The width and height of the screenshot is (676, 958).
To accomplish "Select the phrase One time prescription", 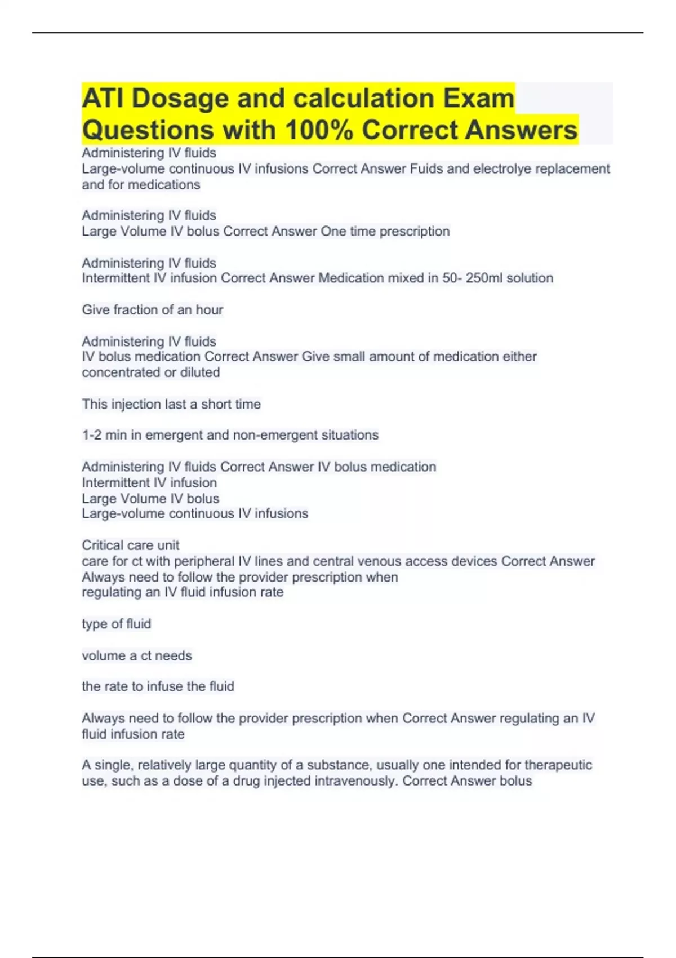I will [x=385, y=232].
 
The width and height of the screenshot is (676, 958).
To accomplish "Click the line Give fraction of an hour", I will [x=152, y=310].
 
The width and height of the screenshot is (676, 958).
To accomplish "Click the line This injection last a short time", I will [x=171, y=404].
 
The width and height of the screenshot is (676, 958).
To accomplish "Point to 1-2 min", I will [x=104, y=435].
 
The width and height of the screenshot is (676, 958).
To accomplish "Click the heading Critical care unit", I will [x=131, y=545].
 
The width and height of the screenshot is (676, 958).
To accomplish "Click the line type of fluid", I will [x=116, y=624].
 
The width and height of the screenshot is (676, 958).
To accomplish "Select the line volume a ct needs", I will [x=137, y=655].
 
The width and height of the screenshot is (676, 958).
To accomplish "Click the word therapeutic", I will [x=558, y=765].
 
